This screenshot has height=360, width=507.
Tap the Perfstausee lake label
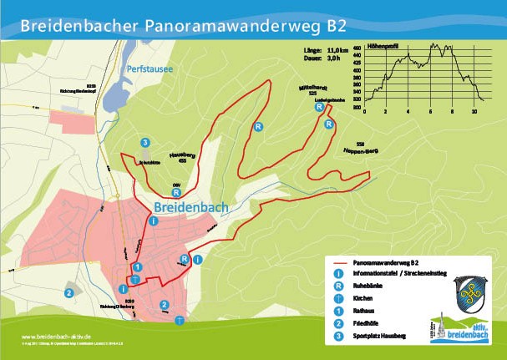[150, 69]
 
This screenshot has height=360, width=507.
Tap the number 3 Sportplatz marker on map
[145, 143]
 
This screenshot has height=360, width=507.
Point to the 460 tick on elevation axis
[357, 49]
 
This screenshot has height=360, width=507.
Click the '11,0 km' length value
[337, 51]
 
